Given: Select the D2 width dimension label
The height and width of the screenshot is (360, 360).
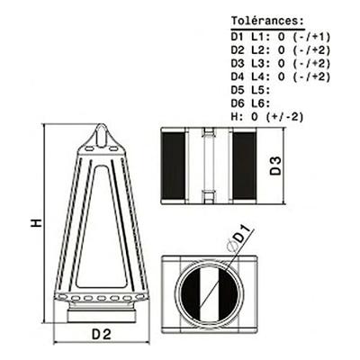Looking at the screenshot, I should tap(101, 335).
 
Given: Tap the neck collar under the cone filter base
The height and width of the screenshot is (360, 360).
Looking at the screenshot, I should tap(101, 314).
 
